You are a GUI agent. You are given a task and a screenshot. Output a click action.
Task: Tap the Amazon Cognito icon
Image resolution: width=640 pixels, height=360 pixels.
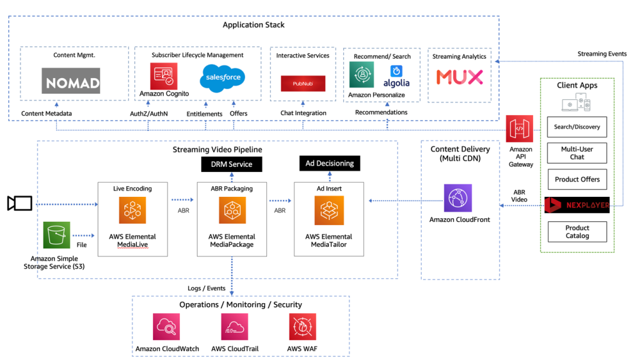(164, 76)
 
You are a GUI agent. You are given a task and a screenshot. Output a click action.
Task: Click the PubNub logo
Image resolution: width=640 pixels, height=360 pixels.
(302, 84)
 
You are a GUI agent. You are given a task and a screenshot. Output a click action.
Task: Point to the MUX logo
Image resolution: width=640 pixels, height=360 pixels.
(459, 77)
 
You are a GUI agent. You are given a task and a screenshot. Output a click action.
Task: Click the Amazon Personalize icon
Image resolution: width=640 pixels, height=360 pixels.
(362, 74)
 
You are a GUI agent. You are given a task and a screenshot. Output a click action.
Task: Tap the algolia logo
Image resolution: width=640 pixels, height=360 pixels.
(396, 77)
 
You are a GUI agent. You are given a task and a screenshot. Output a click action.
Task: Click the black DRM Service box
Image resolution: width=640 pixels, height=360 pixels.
(231, 164)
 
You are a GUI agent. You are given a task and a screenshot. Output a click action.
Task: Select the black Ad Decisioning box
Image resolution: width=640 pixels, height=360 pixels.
(329, 164)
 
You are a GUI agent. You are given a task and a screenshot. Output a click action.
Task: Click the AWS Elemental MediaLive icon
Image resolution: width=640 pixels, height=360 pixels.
(132, 210)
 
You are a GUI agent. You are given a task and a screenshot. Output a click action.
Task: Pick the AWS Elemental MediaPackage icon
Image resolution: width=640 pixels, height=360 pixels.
(232, 210)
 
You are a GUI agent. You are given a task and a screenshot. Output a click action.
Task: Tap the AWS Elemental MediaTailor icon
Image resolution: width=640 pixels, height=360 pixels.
(329, 210)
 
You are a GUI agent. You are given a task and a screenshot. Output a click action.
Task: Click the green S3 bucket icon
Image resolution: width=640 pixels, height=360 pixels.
(57, 235)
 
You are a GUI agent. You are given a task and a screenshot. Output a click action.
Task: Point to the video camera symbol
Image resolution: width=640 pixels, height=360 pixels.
(19, 203)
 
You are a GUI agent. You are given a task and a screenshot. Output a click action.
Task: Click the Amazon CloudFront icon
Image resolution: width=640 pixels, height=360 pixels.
(457, 197)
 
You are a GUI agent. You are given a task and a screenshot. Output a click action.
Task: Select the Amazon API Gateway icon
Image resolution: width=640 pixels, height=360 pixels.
(520, 129)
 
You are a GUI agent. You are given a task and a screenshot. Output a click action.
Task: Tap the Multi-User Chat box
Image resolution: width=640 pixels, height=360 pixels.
(577, 153)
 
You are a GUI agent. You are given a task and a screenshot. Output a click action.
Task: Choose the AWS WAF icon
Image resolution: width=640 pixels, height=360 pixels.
(302, 326)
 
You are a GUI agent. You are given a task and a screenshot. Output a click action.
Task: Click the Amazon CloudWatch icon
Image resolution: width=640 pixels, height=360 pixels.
(166, 326)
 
